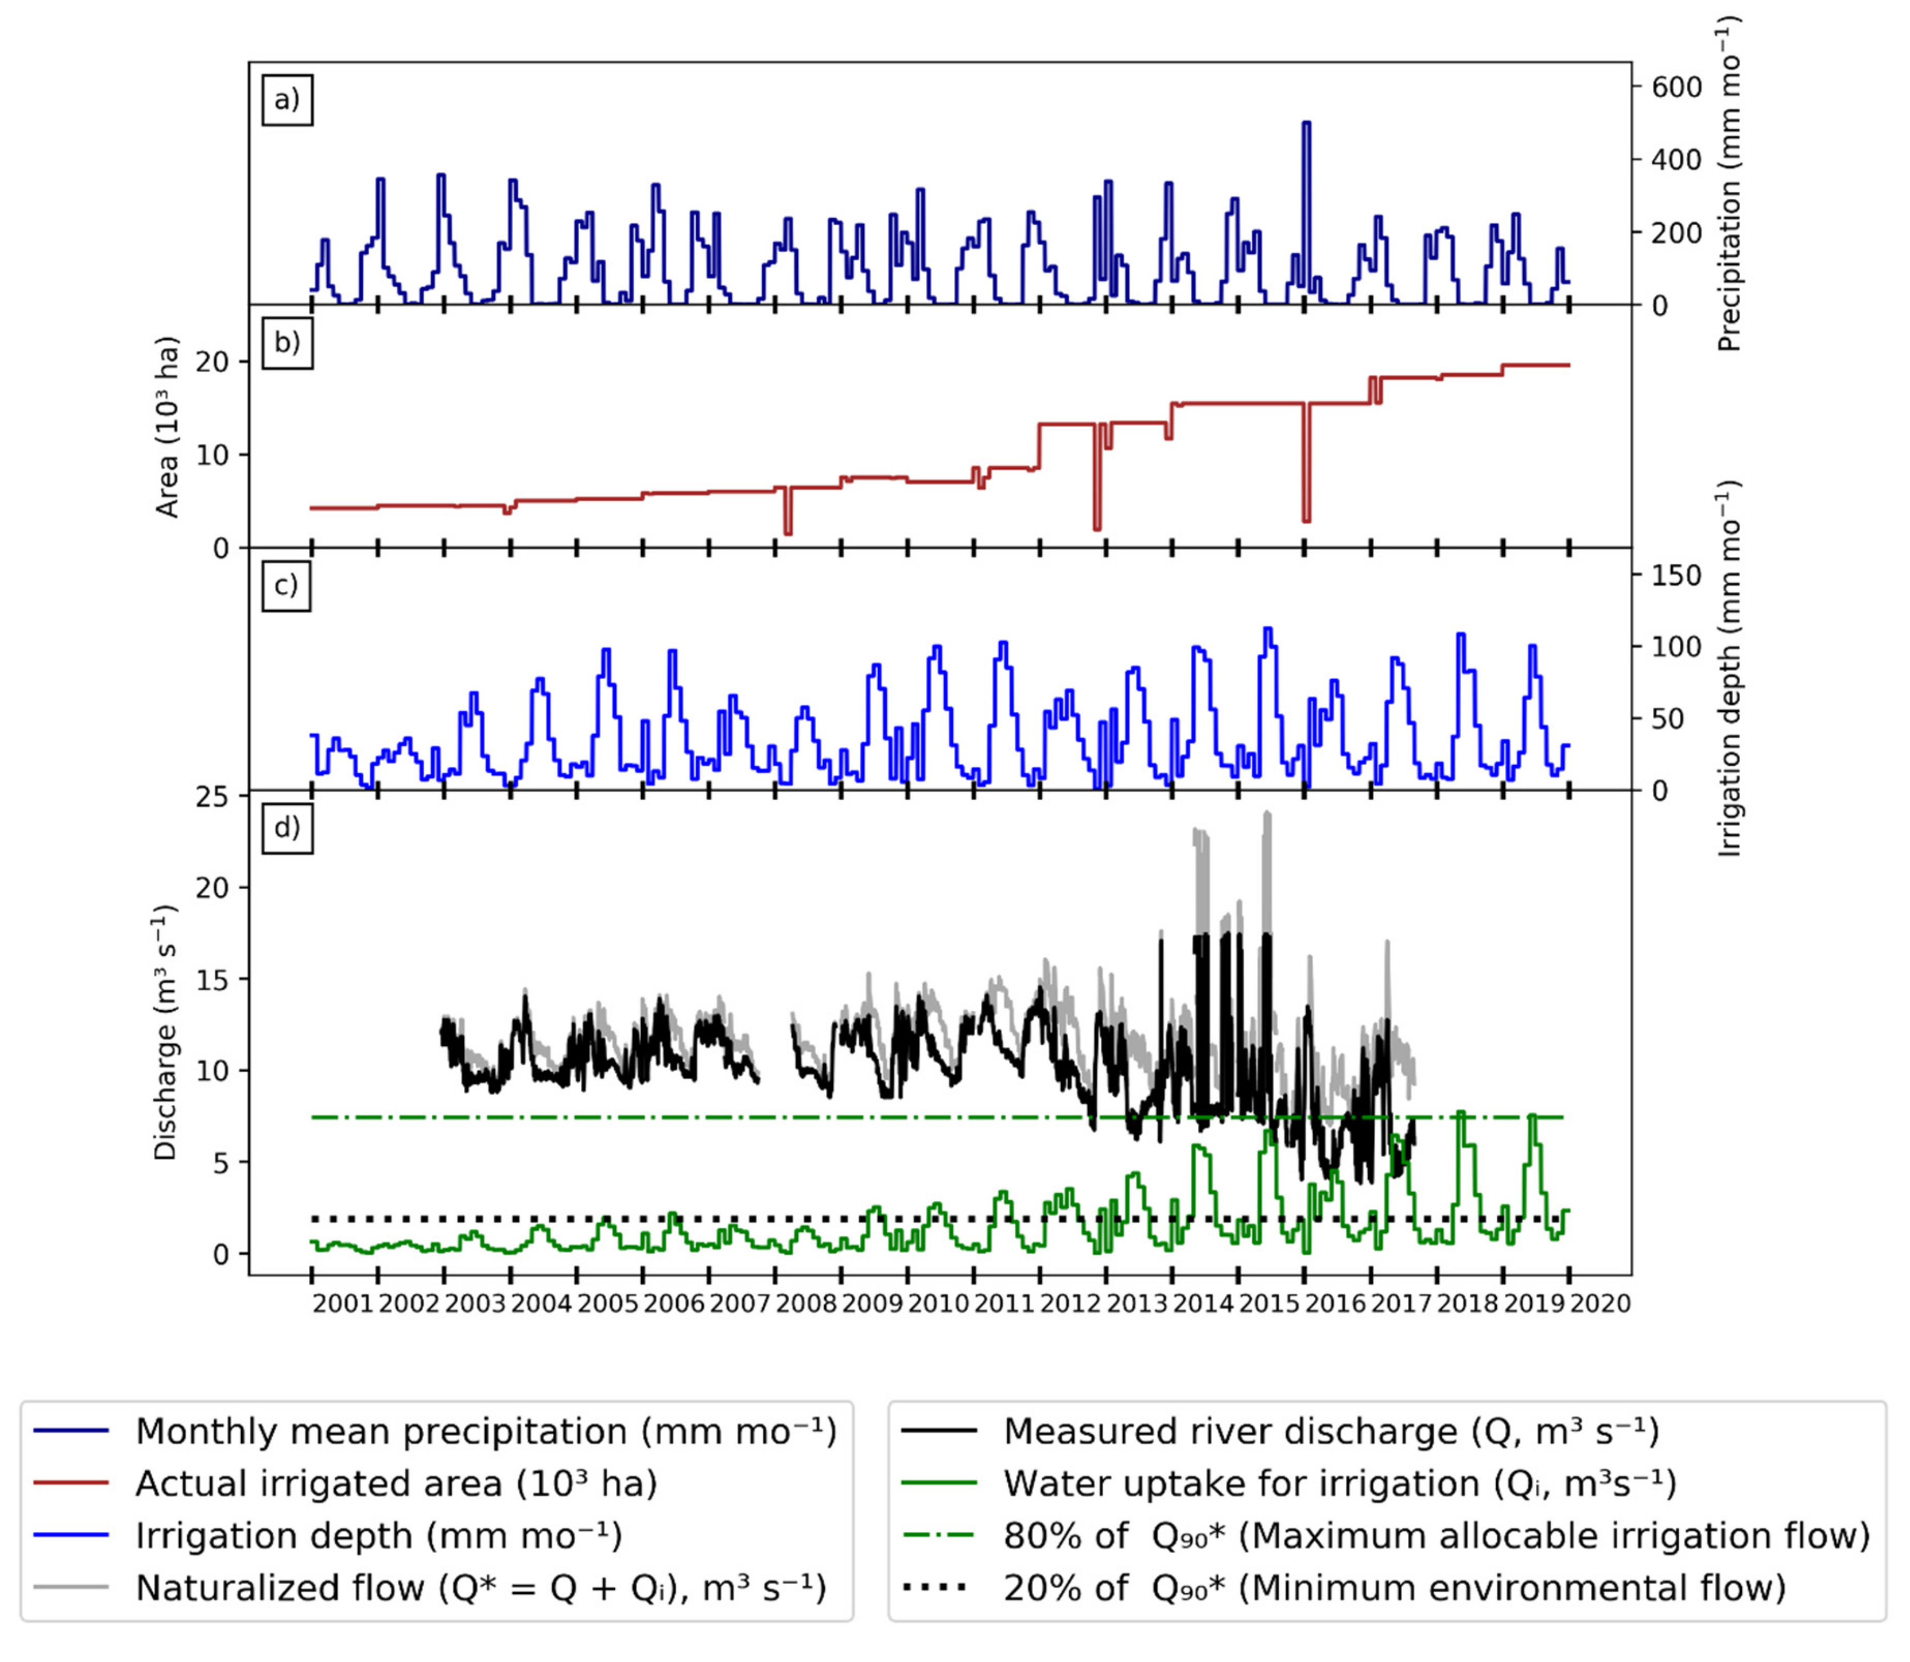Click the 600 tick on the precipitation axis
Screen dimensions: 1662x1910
click(x=1677, y=87)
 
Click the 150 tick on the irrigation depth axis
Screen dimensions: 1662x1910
click(x=1677, y=576)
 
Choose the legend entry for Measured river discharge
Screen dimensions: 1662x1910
click(x=1330, y=1432)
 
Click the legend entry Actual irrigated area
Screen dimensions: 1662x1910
click(x=396, y=1484)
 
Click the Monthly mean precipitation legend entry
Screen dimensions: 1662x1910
click(x=485, y=1432)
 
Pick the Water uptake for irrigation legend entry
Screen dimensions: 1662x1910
click(x=1339, y=1484)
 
